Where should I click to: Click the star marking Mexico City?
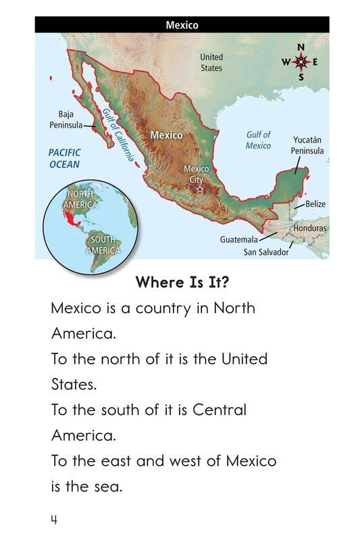199,190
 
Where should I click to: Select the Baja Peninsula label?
66,120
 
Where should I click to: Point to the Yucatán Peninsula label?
307,145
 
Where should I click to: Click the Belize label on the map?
315,203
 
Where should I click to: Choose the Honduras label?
310,228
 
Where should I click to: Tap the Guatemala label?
239,239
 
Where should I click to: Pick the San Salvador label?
265,252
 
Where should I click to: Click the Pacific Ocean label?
64,158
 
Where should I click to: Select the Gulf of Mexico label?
258,140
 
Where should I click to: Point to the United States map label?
211,63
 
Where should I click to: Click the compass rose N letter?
301,47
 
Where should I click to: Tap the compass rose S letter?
301,76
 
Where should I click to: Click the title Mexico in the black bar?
182,25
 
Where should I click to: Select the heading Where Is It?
182,282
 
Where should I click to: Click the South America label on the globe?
103,245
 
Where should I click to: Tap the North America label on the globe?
81,199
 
